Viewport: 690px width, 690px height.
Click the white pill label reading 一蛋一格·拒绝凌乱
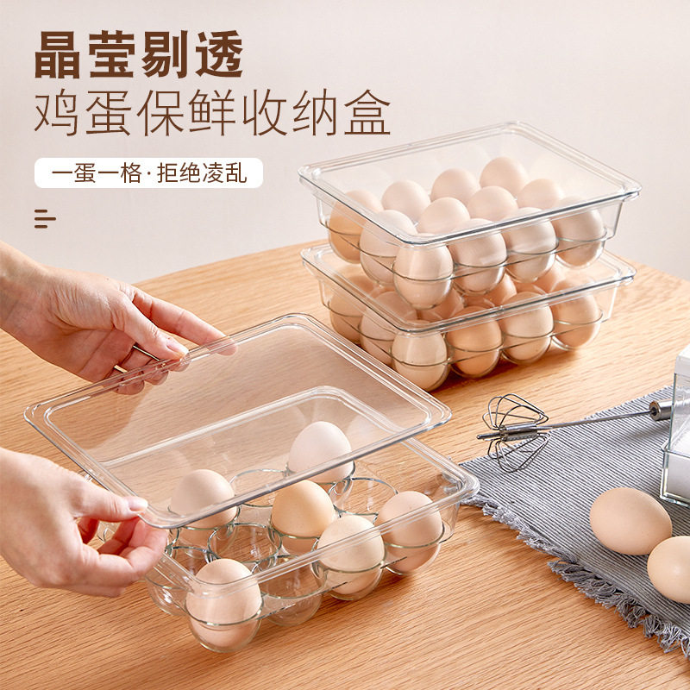148,172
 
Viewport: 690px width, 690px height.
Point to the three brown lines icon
45,218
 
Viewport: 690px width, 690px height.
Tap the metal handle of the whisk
604,419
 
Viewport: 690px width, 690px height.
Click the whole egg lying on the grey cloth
630,520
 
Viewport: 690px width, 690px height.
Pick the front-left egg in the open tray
223,599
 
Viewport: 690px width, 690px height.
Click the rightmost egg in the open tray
410,529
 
